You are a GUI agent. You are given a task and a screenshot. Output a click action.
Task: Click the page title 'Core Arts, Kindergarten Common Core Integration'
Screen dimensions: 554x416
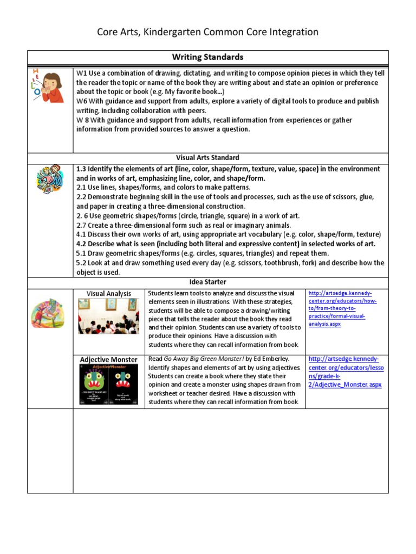(207, 32)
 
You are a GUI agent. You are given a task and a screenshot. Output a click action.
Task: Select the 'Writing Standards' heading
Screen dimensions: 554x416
(207, 57)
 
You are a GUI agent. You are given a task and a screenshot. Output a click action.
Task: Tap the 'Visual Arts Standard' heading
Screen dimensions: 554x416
(207, 158)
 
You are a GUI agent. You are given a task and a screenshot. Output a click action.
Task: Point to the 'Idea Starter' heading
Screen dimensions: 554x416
(207, 282)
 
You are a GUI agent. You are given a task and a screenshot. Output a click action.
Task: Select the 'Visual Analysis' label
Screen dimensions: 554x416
(108, 294)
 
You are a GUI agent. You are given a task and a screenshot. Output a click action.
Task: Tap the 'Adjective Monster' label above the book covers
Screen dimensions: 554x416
(108, 359)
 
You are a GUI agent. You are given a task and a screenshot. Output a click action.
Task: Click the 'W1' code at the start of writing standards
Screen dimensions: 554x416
(81, 73)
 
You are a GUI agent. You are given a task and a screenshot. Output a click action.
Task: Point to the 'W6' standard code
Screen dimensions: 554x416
(82, 101)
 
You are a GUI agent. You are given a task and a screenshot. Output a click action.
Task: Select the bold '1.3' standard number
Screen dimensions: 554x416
(82, 169)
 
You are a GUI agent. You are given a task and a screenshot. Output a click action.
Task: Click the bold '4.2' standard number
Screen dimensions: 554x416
(82, 243)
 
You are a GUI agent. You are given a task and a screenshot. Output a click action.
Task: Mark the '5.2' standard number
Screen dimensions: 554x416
(82, 263)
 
